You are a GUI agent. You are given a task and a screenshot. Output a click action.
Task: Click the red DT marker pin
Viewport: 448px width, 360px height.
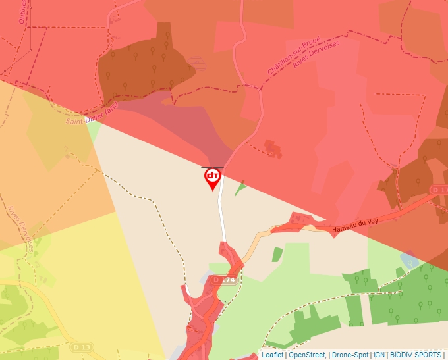(x=212, y=178)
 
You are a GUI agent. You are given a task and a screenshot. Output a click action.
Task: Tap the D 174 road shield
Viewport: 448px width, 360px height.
(x=224, y=280)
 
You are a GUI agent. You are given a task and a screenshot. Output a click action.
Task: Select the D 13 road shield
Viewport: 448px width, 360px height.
(x=82, y=347)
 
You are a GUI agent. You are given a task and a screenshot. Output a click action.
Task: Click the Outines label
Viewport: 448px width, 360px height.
(x=23, y=11)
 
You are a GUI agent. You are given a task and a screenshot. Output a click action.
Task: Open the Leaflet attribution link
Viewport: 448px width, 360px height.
(x=272, y=355)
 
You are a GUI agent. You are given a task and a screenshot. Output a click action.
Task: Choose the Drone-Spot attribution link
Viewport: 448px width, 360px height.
(x=349, y=355)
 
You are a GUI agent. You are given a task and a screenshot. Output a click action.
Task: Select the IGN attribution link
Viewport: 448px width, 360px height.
(x=379, y=355)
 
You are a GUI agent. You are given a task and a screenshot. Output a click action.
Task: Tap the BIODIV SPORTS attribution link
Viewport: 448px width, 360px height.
(x=415, y=355)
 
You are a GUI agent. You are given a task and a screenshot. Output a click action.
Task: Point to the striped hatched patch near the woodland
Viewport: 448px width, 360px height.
(x=196, y=63)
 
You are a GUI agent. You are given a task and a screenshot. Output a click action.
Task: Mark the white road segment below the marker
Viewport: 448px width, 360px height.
(x=222, y=211)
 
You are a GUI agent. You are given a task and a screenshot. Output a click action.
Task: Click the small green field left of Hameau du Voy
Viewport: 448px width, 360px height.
(x=277, y=255)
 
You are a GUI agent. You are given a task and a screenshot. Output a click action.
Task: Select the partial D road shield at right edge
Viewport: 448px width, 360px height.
(x=440, y=190)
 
